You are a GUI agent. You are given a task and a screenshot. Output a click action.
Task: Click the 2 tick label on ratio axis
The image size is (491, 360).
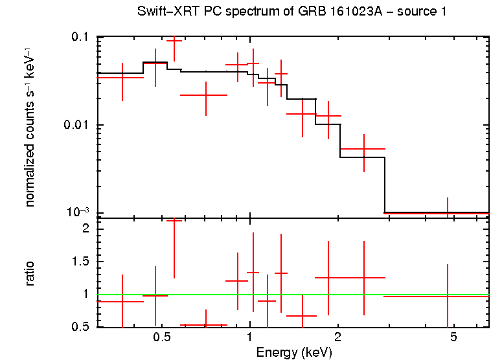[x=84, y=229]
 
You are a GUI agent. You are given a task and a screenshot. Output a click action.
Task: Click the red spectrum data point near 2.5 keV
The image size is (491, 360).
[x=364, y=149]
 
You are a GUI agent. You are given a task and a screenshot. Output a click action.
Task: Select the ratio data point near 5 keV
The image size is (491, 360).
[x=447, y=296]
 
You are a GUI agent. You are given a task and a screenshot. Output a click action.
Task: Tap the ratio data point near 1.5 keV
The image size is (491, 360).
[x=302, y=316]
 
